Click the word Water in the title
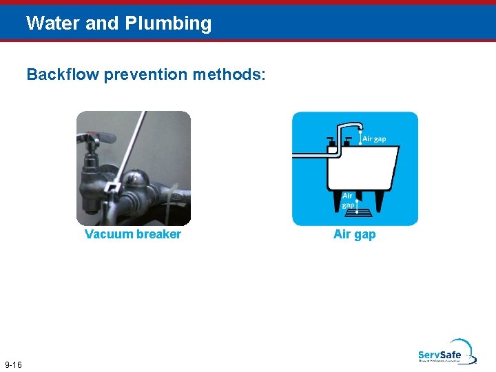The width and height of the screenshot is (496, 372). pyautogui.click(x=53, y=23)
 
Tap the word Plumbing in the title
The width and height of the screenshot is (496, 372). pyautogui.click(x=168, y=24)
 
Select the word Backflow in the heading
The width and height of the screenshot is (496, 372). pyautogui.click(x=63, y=74)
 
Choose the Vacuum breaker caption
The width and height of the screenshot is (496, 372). pyautogui.click(x=133, y=234)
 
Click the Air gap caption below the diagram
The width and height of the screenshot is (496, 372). pyautogui.click(x=354, y=234)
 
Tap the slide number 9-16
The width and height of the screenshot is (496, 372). pyautogui.click(x=13, y=364)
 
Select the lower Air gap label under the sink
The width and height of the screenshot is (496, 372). pyautogui.click(x=349, y=200)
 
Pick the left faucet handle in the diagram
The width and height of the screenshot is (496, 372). pyautogui.click(x=331, y=143)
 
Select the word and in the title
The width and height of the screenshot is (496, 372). pyautogui.click(x=103, y=23)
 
